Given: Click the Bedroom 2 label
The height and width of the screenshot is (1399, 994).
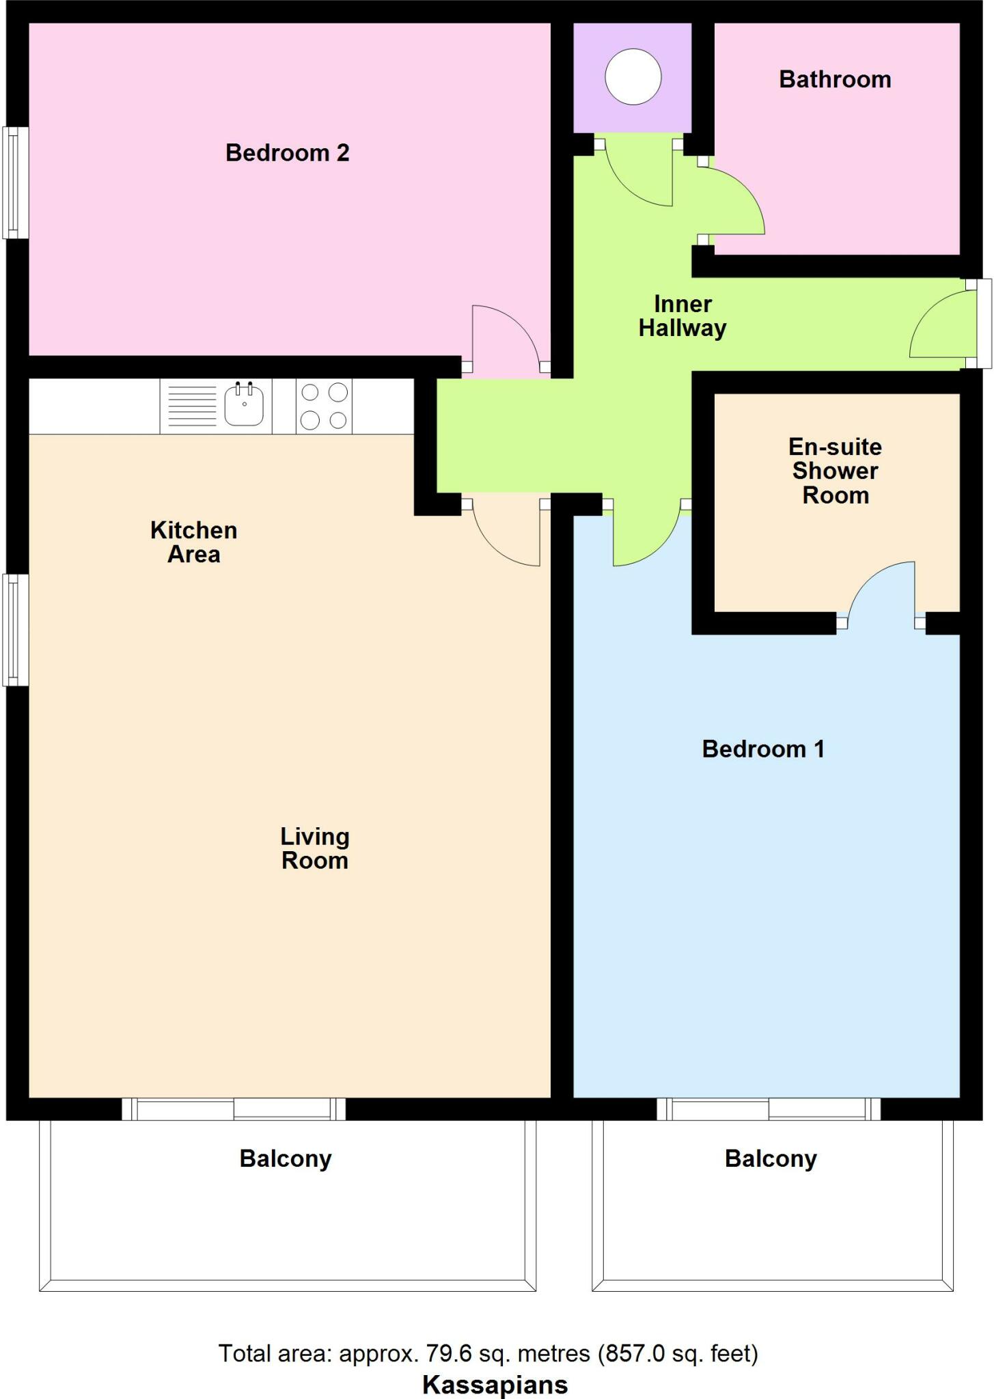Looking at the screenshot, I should tap(287, 152).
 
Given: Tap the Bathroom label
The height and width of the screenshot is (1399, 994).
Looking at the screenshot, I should tap(835, 79).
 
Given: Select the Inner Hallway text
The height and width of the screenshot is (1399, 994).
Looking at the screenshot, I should tap(682, 316).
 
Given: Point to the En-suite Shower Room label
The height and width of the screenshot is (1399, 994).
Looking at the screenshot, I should tap(835, 471).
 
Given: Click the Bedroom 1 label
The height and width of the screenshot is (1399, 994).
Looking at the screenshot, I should tap(763, 749).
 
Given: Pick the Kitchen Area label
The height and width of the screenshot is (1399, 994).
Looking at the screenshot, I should tap(193, 542).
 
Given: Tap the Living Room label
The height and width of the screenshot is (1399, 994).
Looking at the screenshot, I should tap(314, 848).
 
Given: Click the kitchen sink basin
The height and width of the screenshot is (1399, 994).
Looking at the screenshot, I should tap(244, 406).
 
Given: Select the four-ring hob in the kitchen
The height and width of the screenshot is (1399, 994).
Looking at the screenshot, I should tap(324, 406).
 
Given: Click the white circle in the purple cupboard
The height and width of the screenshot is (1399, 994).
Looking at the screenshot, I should tap(633, 77).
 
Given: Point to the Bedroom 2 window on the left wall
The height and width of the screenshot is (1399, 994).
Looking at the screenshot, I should tap(16, 182).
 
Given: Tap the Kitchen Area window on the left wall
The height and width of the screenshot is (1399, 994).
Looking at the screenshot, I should tap(16, 629).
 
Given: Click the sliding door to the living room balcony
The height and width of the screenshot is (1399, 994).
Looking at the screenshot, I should tap(234, 1108).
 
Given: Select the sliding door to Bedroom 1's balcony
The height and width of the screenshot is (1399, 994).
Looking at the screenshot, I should tap(769, 1108).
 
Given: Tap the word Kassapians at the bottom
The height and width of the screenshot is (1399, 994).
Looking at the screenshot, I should tap(495, 1384).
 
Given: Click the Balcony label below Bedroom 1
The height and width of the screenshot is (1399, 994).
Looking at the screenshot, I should tap(771, 1159).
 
